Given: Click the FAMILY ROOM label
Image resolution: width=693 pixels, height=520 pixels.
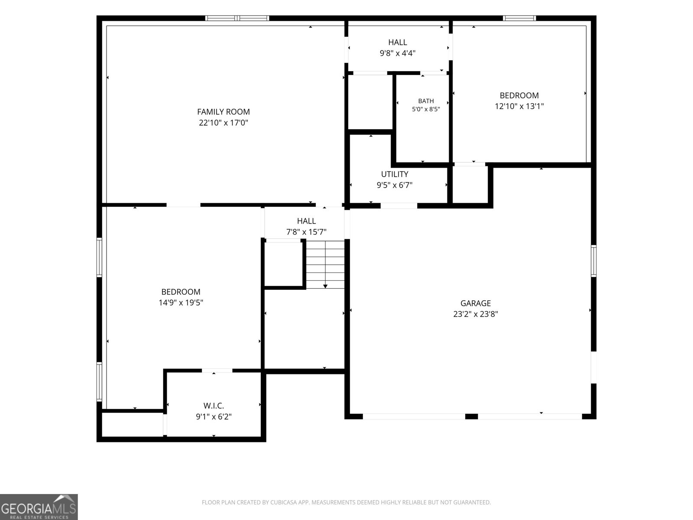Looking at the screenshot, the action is [x=223, y=112].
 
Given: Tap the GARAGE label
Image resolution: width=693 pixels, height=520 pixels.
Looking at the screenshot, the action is [x=476, y=303].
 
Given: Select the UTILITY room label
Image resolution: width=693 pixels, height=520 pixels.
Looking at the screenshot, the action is [x=395, y=174].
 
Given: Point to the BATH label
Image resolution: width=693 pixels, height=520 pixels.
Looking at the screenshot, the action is [x=426, y=101].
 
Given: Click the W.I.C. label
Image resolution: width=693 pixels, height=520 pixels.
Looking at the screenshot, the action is [x=214, y=406].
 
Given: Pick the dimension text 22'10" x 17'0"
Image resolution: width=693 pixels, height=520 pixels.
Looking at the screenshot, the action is [x=223, y=123].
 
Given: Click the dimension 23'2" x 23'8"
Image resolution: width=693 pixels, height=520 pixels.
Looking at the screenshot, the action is [x=476, y=314].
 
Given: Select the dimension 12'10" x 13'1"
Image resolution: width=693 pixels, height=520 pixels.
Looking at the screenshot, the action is [x=519, y=106].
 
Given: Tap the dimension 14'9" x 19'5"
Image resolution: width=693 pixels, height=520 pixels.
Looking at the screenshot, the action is [x=181, y=302].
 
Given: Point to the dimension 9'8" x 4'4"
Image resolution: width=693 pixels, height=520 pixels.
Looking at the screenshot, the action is [x=398, y=53].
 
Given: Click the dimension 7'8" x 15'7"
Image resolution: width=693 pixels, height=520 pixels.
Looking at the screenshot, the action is [x=306, y=232].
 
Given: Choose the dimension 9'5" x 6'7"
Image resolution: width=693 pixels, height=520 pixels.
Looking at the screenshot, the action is [x=395, y=185].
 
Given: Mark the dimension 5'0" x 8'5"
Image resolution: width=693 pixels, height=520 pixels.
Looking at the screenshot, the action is [x=426, y=109].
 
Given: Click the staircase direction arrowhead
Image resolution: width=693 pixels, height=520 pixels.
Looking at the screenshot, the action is [x=325, y=286].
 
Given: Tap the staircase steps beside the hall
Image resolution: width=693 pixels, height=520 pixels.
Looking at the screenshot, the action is [x=325, y=265].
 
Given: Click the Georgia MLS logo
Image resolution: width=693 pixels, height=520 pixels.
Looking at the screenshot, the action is [x=39, y=507].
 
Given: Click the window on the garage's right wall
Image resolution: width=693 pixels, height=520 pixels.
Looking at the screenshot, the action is [x=593, y=261].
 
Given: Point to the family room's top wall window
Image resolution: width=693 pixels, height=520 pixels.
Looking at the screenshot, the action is [x=237, y=18].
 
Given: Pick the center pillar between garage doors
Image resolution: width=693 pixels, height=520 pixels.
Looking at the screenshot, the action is [x=471, y=416].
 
